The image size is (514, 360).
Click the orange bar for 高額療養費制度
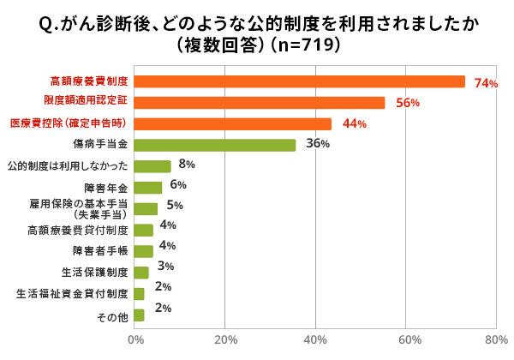[x=300, y=81]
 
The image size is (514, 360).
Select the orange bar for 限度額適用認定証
[x=260, y=103]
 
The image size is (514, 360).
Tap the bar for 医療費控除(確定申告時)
[x=233, y=123]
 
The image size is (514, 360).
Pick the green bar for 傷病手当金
[x=215, y=145]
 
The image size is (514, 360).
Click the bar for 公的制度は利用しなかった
[x=152, y=166]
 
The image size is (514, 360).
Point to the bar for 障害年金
[x=148, y=188]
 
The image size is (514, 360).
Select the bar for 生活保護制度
[x=141, y=273]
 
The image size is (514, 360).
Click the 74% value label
[x=486, y=83]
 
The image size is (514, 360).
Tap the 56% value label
[x=407, y=104]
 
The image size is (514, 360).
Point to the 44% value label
[x=354, y=124]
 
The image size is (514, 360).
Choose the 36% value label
[x=318, y=144]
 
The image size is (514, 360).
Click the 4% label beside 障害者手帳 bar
[x=167, y=246]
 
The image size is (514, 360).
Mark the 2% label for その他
[x=164, y=308]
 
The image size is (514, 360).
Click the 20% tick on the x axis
[x=225, y=340]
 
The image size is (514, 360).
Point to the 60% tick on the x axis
[x=406, y=340]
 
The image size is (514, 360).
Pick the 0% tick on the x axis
[x=135, y=340]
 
